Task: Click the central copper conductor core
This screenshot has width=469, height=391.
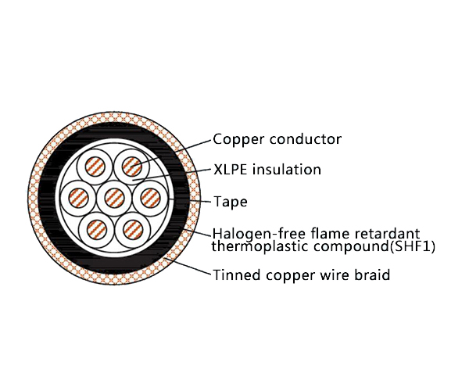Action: pyautogui.click(x=115, y=198)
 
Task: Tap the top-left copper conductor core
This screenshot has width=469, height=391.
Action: pyautogui.click(x=95, y=166)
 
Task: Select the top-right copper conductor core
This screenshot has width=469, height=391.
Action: pyautogui.click(x=132, y=167)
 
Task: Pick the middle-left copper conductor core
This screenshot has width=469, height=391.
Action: pyautogui.click(x=78, y=198)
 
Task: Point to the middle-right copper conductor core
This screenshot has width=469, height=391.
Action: pyautogui.click(x=150, y=198)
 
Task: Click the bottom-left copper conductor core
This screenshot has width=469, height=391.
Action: pyautogui.click(x=97, y=230)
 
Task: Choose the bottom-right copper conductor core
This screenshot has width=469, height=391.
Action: pyautogui.click(x=133, y=230)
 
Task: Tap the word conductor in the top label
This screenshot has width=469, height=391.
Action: pyautogui.click(x=305, y=139)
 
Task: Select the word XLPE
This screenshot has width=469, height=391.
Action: pyautogui.click(x=231, y=170)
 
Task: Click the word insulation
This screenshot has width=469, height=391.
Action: pyautogui.click(x=287, y=170)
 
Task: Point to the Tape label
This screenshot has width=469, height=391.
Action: pyautogui.click(x=231, y=202)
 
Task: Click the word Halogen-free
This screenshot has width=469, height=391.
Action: pyautogui.click(x=260, y=233)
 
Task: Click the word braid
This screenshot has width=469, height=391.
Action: pyautogui.click(x=372, y=274)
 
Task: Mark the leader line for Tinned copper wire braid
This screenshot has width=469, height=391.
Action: pyautogui.click(x=188, y=266)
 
